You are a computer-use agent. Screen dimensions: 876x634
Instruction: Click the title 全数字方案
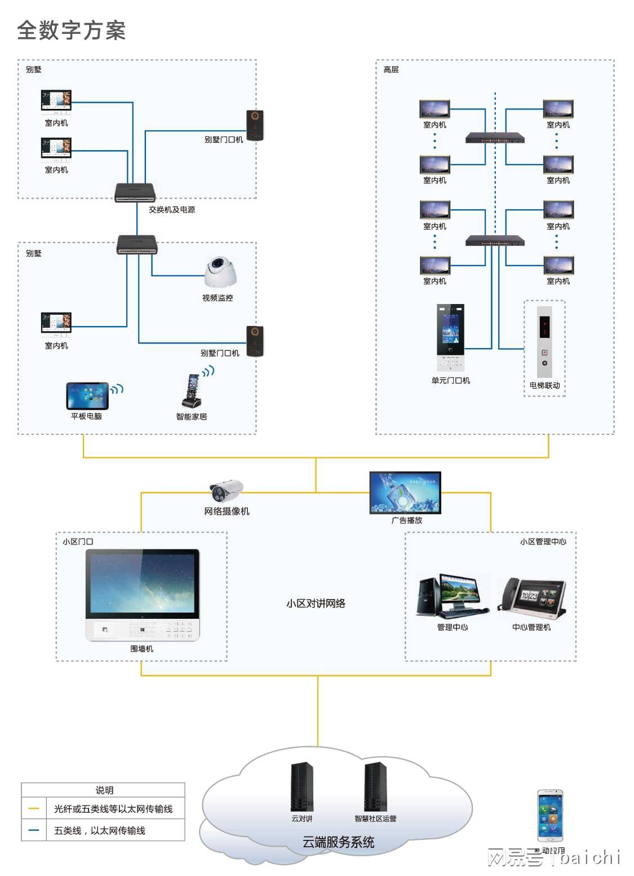tap(72, 30)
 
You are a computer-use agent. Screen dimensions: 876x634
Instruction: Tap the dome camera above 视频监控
tap(220, 272)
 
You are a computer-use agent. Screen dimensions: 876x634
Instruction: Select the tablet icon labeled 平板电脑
tap(87, 396)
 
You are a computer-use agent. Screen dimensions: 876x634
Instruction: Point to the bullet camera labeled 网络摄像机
tap(227, 490)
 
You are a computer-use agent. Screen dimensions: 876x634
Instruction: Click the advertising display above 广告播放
tap(405, 492)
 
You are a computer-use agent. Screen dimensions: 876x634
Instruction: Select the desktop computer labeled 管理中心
tap(452, 597)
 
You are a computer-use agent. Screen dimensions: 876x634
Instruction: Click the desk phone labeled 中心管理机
tap(531, 598)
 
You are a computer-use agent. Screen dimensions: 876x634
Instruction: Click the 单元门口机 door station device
tap(450, 337)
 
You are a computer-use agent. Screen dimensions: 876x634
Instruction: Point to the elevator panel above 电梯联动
tap(544, 342)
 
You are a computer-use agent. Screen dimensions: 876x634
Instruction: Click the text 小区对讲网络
tap(316, 603)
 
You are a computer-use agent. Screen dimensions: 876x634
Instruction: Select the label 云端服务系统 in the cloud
tap(338, 842)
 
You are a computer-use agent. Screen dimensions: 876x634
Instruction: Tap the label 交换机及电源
tap(172, 209)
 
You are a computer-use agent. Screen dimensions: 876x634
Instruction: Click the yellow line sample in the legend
tap(34, 809)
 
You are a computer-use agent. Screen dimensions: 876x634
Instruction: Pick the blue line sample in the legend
tap(34, 830)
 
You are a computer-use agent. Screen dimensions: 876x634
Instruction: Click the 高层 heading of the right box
tap(391, 69)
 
